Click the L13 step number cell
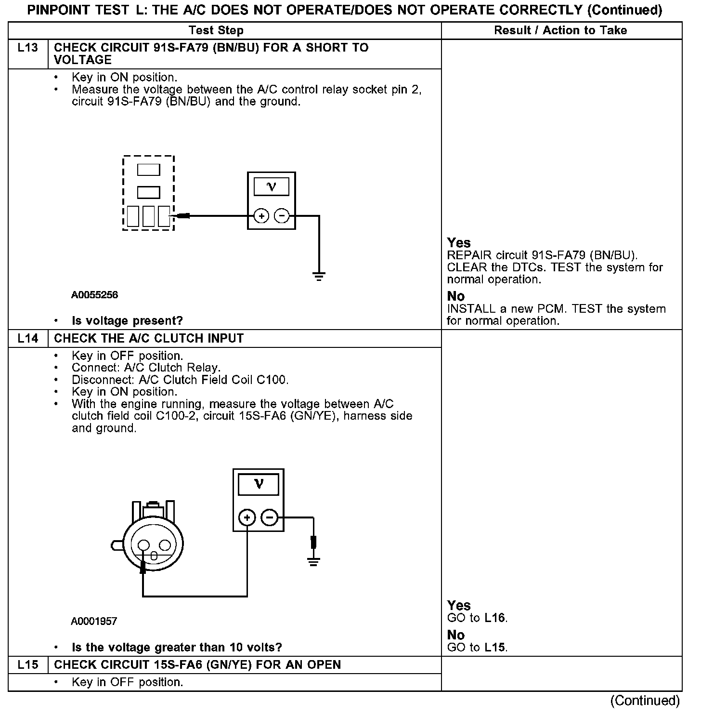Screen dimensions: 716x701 pos(28,48)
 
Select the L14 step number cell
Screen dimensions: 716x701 pos(28,338)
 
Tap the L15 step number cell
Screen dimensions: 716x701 pos(28,665)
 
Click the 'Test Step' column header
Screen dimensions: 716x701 pos(216,30)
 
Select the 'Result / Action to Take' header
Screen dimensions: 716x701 pos(561,30)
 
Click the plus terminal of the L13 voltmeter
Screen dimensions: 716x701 pos(261,216)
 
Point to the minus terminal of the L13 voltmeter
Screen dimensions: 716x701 pos(282,216)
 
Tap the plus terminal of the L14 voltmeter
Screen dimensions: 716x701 pos(247,518)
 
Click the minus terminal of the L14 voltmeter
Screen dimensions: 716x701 pos(270,518)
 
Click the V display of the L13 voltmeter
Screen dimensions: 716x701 pos(272,186)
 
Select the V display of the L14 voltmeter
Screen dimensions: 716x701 pos(259,484)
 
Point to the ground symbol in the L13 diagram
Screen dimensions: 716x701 pos(319,276)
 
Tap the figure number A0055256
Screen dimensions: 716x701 pos(94,295)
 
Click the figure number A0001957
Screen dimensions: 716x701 pos(94,622)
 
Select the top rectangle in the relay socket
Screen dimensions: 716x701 pos(148,170)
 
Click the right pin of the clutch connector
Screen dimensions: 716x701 pos(165,545)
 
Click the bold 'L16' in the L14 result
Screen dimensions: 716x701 pos(495,618)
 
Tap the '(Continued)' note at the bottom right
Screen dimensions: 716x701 pos(645,701)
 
